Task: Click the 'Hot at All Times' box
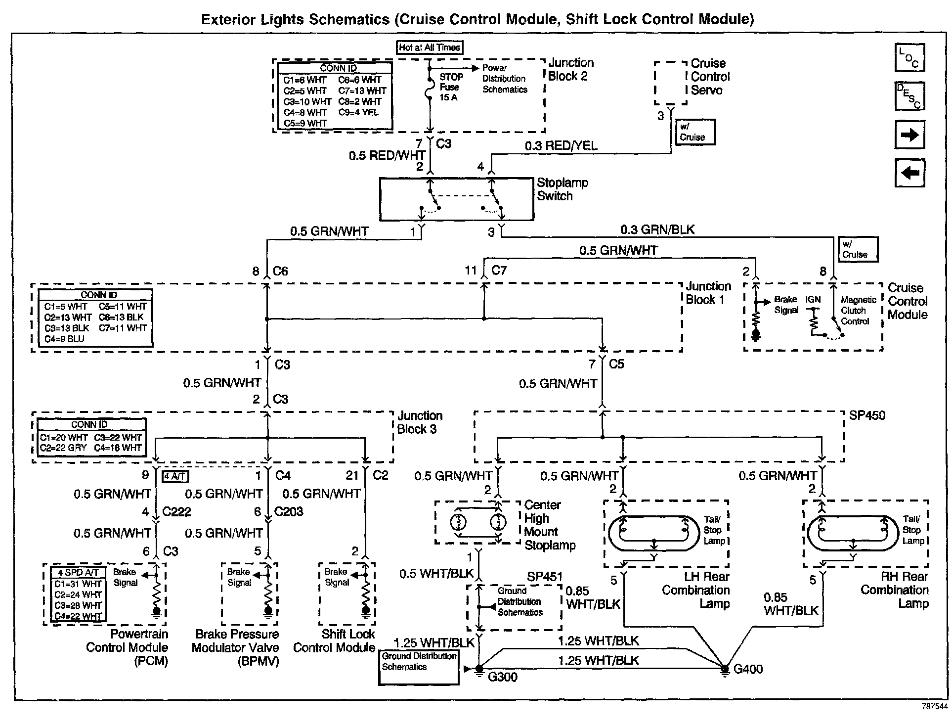pyautogui.click(x=430, y=47)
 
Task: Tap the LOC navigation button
pyautogui.click(x=909, y=57)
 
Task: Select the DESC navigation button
pyautogui.click(x=909, y=96)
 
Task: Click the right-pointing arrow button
pyautogui.click(x=909, y=135)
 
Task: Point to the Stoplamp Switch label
pyautogui.click(x=563, y=189)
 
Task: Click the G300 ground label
pyautogui.click(x=502, y=677)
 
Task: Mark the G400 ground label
pyautogui.click(x=748, y=669)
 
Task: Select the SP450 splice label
pyautogui.click(x=867, y=415)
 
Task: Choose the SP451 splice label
pyautogui.click(x=544, y=577)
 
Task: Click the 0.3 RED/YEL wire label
pyautogui.click(x=561, y=145)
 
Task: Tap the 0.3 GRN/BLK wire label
pyautogui.click(x=657, y=229)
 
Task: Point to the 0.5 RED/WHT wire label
pyautogui.click(x=387, y=155)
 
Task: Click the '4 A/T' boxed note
pyautogui.click(x=175, y=476)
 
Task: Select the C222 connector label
pyautogui.click(x=176, y=512)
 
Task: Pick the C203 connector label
pyautogui.click(x=289, y=512)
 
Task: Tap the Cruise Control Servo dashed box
pyautogui.click(x=671, y=83)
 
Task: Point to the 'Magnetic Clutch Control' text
pyautogui.click(x=859, y=311)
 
